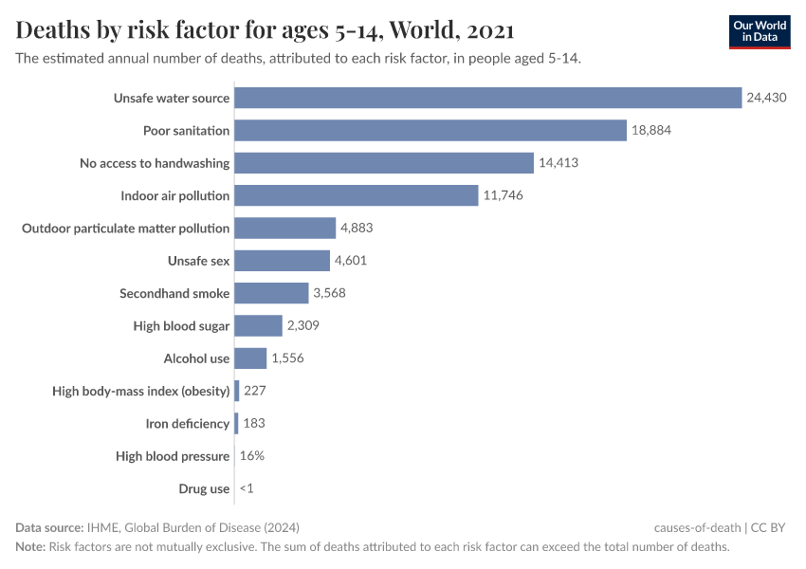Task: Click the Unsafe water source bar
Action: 487,98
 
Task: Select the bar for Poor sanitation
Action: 430,130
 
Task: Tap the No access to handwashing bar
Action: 384,163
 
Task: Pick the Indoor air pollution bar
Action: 356,195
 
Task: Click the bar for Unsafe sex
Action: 282,261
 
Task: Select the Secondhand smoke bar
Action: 271,293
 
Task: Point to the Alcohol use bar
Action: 250,358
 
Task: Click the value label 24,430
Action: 766,98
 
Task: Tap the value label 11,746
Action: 503,195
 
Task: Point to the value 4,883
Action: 360,228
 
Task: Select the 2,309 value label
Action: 306,326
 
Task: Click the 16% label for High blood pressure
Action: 252,456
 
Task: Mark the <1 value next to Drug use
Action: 247,488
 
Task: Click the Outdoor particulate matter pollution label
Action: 125,228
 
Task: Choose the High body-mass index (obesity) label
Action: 141,391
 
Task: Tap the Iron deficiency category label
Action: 188,424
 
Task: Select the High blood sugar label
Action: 181,326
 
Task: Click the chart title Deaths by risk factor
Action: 266,30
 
